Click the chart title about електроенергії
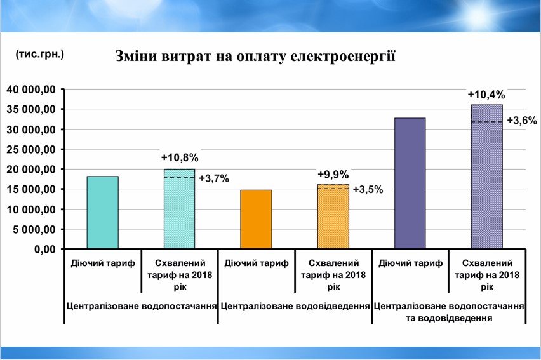tap(255, 57)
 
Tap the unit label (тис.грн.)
tap(40, 55)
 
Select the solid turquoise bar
tap(103, 212)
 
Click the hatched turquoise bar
tap(180, 209)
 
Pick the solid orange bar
tap(257, 219)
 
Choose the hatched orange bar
tap(333, 217)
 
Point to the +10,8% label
tap(180, 157)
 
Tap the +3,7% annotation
tap(213, 179)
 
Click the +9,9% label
tap(333, 175)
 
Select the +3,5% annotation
tap(368, 189)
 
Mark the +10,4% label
tap(487, 95)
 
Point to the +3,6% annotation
tap(522, 121)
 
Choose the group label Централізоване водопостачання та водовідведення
tap(449, 311)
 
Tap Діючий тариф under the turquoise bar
tap(103, 263)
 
